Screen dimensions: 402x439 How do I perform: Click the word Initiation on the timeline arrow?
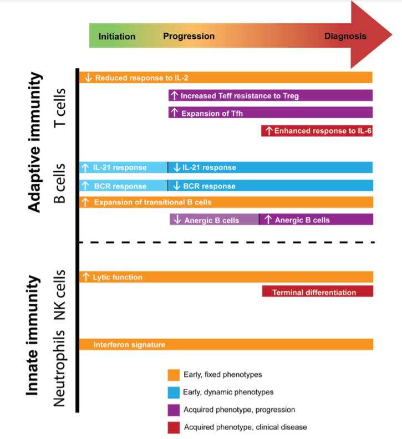tap(117, 37)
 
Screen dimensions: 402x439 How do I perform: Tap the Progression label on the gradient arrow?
tap(189, 36)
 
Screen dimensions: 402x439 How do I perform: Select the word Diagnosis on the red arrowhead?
tap(345, 36)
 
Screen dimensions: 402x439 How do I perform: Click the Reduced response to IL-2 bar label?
tap(141, 78)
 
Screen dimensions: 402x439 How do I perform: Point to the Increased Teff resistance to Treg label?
tap(240, 96)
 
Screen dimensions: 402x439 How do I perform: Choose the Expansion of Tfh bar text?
tap(212, 114)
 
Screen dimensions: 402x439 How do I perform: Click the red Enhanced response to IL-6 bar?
tap(317, 131)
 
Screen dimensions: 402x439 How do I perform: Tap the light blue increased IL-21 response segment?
tap(123, 167)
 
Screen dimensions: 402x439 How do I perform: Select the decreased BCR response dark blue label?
tap(209, 186)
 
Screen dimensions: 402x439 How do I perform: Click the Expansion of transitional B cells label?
tap(152, 202)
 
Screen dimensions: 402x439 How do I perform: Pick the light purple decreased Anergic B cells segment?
tap(214, 219)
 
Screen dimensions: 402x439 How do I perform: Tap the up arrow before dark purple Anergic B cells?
tap(268, 219)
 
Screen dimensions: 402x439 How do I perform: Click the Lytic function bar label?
tap(118, 277)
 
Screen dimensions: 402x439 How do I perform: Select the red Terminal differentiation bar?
tap(318, 291)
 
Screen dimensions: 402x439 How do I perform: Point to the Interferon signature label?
tap(129, 345)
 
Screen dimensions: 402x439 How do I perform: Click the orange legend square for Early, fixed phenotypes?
tap(174, 375)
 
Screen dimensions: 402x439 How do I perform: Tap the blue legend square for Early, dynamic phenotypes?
tap(174, 392)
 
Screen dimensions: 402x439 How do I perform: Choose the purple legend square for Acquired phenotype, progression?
tap(174, 410)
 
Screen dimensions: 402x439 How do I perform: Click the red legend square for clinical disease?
tap(174, 427)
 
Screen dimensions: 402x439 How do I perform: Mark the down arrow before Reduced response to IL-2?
tap(88, 78)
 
